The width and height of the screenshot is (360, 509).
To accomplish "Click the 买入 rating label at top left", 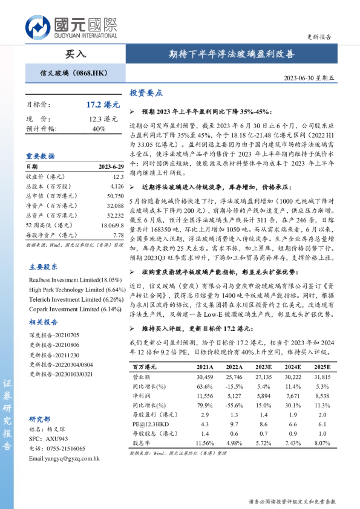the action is pos(75,54).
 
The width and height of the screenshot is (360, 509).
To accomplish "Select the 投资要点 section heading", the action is pos(146,94).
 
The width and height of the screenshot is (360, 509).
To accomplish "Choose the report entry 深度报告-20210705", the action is pos(54,334).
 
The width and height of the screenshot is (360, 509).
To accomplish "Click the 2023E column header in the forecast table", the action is pos(263,367).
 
